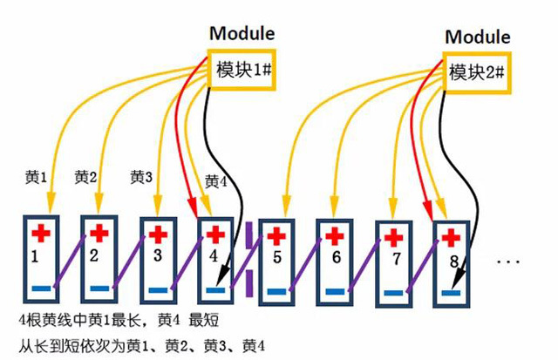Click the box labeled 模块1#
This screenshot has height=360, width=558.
tap(240, 69)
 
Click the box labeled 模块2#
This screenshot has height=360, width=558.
tap(476, 71)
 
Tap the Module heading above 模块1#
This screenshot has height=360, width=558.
tap(242, 34)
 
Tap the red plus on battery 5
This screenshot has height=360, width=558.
tap(276, 235)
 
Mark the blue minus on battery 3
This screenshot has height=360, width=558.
tap(157, 289)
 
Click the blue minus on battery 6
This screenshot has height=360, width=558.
tap(335, 290)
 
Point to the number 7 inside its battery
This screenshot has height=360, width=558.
tap(396, 260)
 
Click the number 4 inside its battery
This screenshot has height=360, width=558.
tap(213, 256)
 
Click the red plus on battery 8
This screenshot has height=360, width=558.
tap(453, 237)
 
